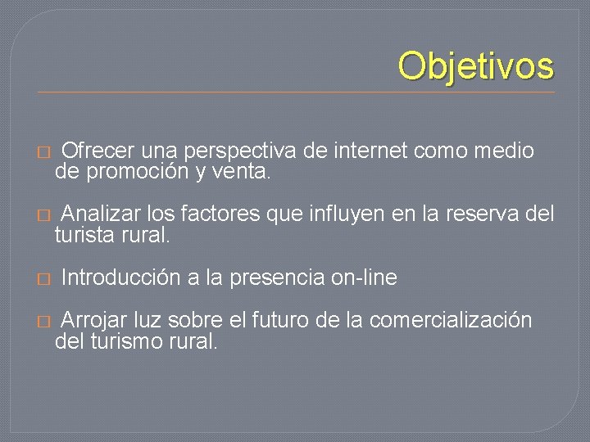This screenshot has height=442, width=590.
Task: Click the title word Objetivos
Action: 476,66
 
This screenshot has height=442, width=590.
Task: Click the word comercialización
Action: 451,320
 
